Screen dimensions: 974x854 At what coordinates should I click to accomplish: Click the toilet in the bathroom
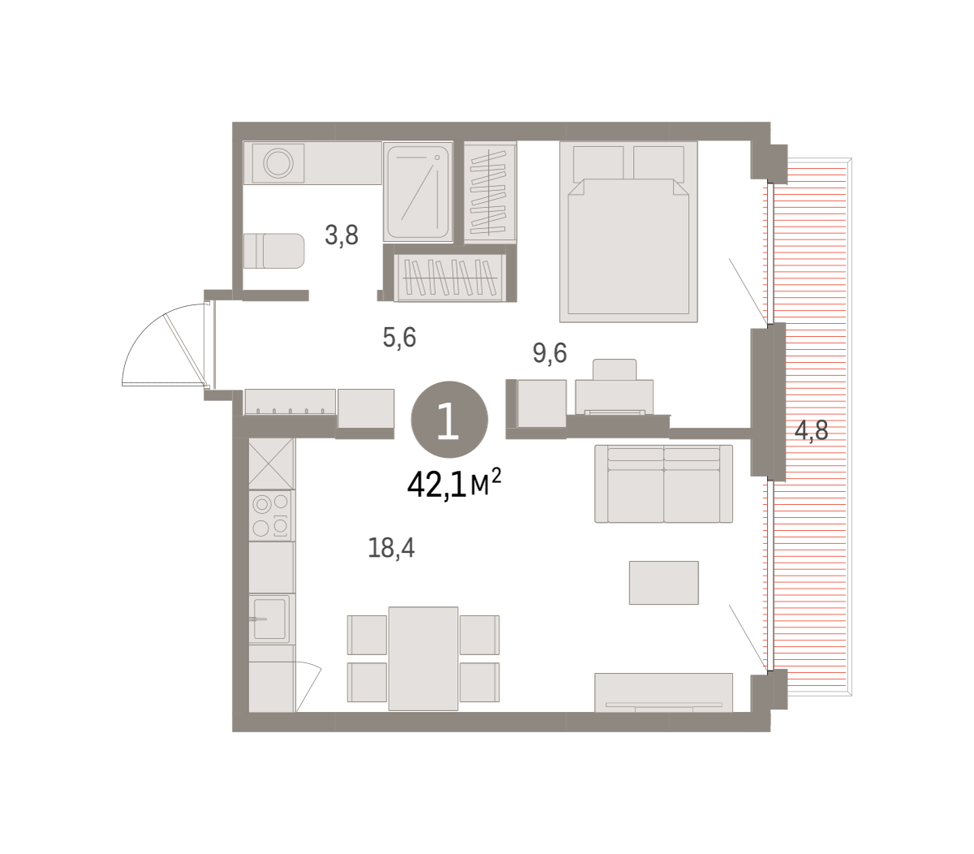click(x=274, y=251)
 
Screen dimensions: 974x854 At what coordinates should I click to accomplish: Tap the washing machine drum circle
click(x=278, y=163)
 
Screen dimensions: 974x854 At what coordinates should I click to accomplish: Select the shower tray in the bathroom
click(x=418, y=192)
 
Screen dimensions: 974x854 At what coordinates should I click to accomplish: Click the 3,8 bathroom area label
click(x=342, y=235)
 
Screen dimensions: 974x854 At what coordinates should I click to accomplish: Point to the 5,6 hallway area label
click(x=399, y=337)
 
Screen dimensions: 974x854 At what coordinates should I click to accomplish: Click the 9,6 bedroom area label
click(x=549, y=353)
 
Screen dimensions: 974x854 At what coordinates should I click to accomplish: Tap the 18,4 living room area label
click(x=391, y=547)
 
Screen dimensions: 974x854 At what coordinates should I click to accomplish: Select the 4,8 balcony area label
click(x=811, y=430)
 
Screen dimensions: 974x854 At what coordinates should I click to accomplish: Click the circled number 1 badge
click(x=450, y=420)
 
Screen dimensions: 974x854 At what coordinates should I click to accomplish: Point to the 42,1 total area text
click(x=454, y=484)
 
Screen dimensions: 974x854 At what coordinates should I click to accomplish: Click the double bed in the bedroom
click(x=628, y=231)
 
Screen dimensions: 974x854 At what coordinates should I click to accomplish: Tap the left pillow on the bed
click(x=598, y=162)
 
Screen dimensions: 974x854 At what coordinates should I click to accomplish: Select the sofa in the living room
click(x=663, y=483)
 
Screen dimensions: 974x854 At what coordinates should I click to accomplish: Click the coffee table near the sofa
click(x=663, y=582)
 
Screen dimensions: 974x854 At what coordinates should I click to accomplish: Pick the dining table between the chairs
click(x=423, y=658)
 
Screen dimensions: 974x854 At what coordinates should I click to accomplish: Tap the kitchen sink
click(x=269, y=619)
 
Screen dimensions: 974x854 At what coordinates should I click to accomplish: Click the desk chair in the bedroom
click(x=614, y=369)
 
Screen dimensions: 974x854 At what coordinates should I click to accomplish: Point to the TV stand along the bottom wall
click(x=663, y=692)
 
